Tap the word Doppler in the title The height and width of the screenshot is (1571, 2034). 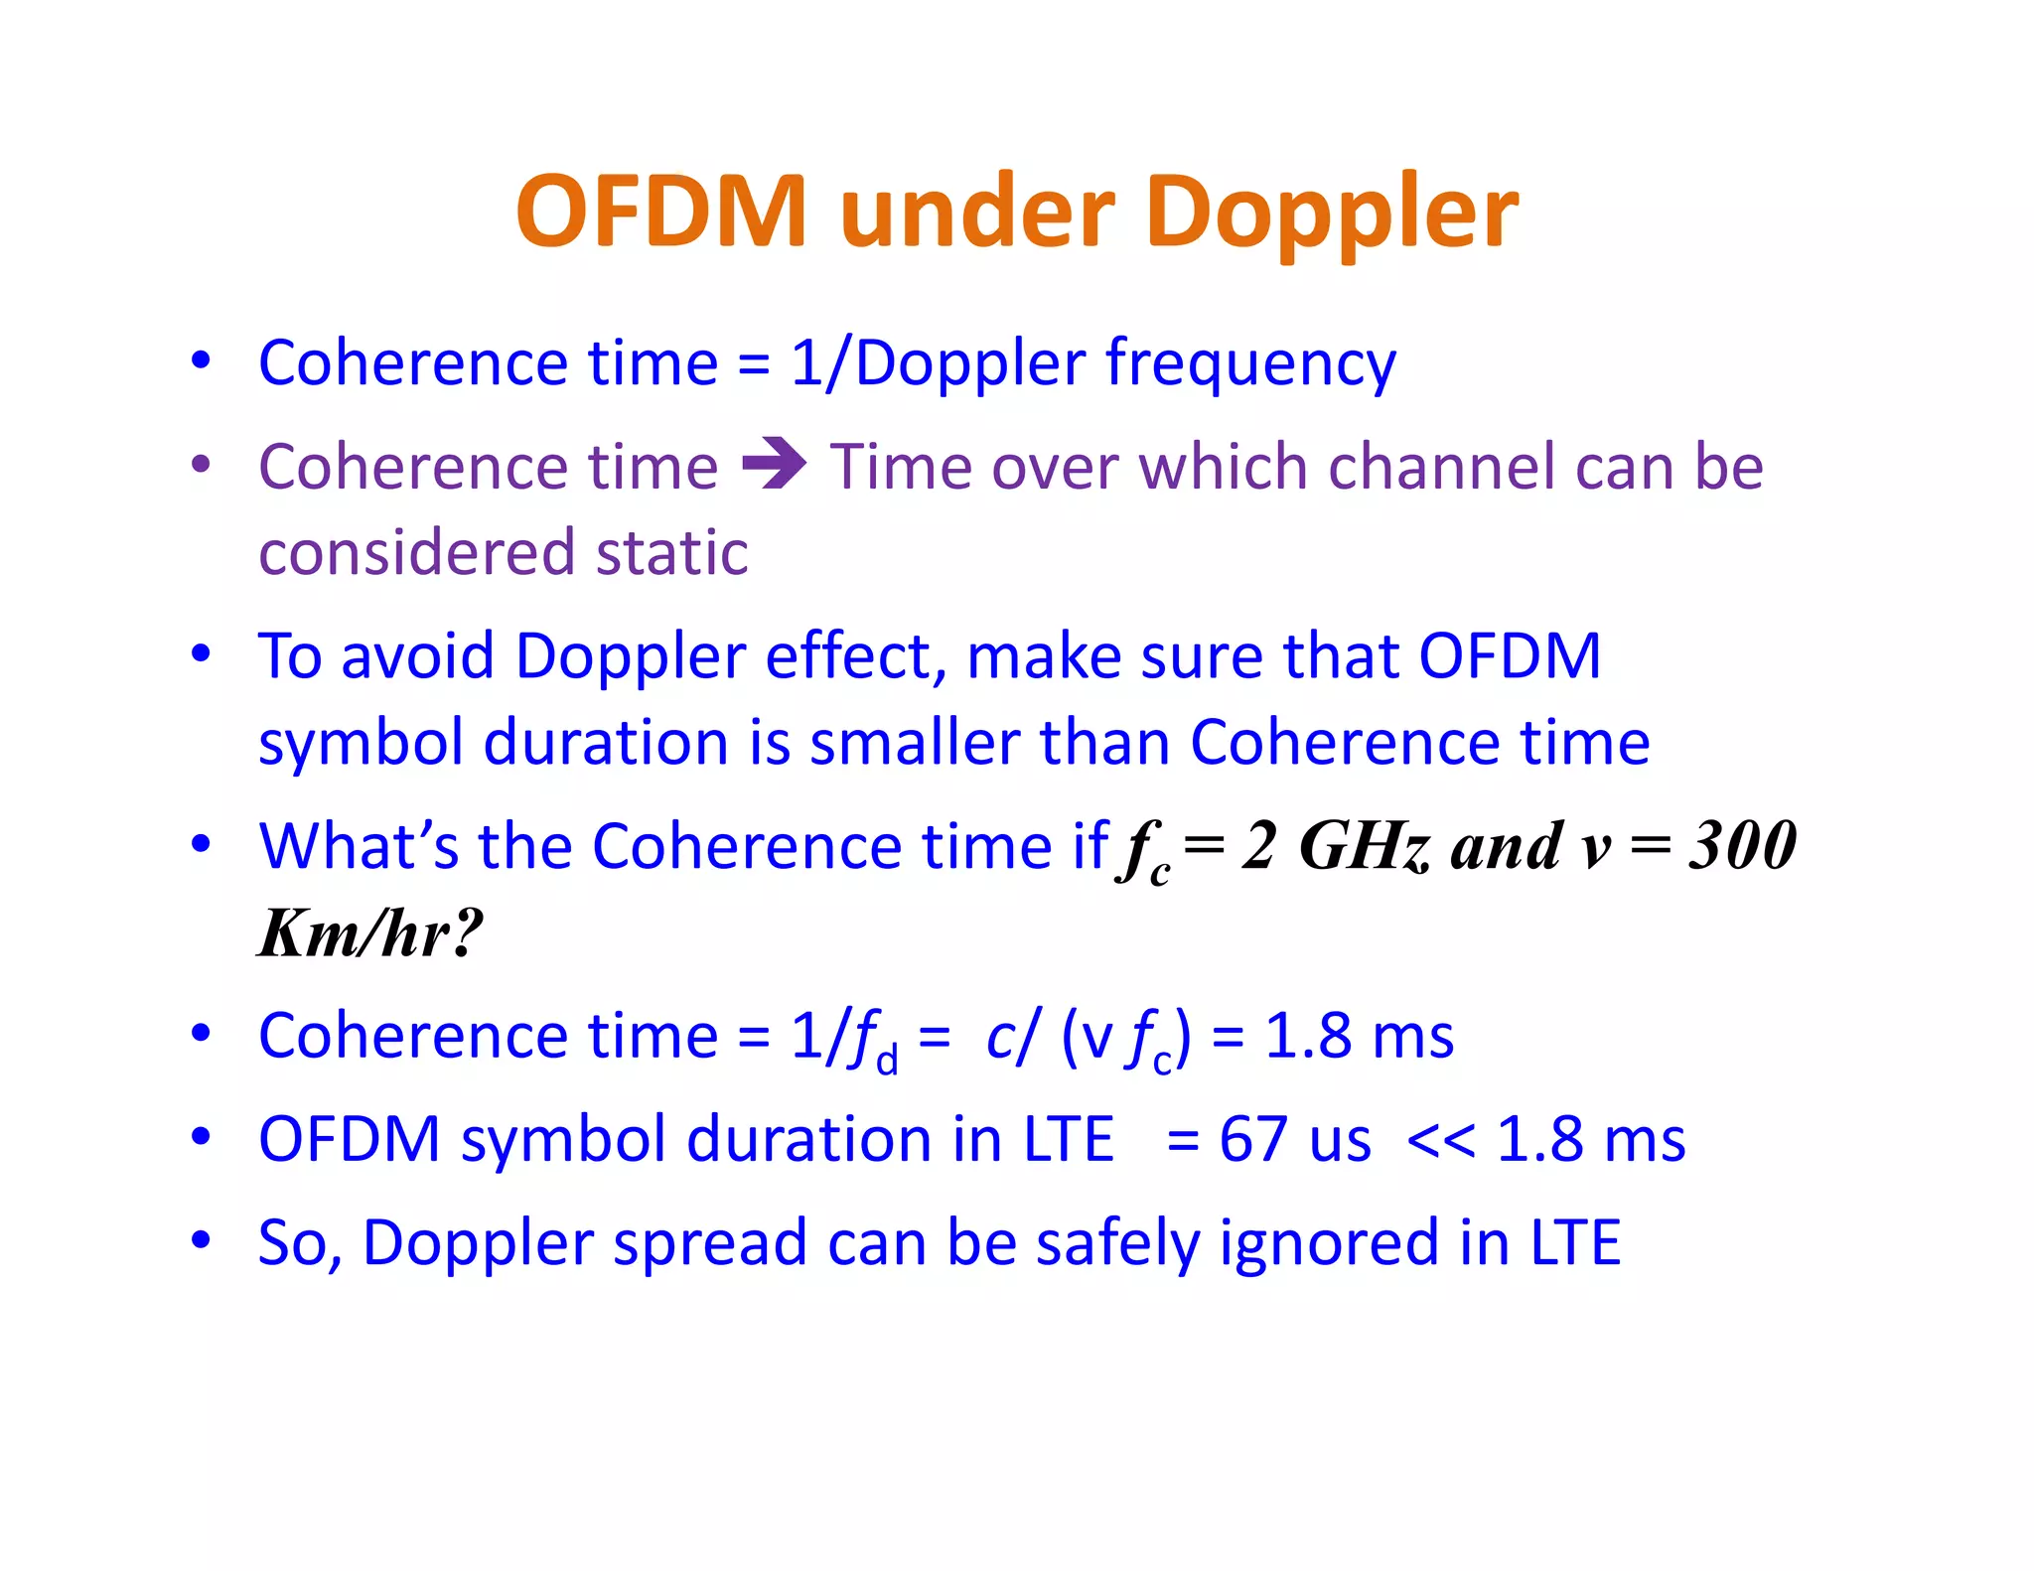[x=1331, y=214]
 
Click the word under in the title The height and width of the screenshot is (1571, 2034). [x=977, y=214]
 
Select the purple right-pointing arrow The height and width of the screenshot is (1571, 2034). [x=775, y=464]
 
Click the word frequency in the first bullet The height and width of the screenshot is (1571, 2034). [x=1250, y=364]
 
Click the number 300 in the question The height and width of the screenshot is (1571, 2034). [x=1743, y=846]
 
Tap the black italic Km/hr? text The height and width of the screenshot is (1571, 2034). [x=370, y=933]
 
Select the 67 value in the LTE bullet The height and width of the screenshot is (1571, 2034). [x=1252, y=1138]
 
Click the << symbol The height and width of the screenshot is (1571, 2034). [x=1440, y=1140]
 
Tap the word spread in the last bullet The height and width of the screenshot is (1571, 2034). [x=709, y=1243]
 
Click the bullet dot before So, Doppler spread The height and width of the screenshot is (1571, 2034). [x=202, y=1239]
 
